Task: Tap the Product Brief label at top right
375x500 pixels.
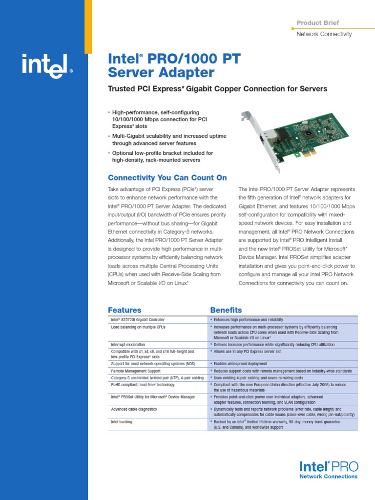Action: pos(317,23)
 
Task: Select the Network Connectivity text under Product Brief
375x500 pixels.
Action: pos(324,34)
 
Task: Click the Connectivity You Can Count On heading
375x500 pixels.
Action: pos(167,178)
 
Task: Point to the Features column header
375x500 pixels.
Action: pos(125,310)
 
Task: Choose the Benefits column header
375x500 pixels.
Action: pos(226,310)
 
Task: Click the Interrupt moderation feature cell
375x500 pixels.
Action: pos(128,345)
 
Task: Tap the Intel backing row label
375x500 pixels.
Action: pos(122,422)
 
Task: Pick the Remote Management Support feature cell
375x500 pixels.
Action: pos(136,371)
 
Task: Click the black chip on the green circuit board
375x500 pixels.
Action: pos(308,133)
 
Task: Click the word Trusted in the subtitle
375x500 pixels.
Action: pos(123,89)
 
